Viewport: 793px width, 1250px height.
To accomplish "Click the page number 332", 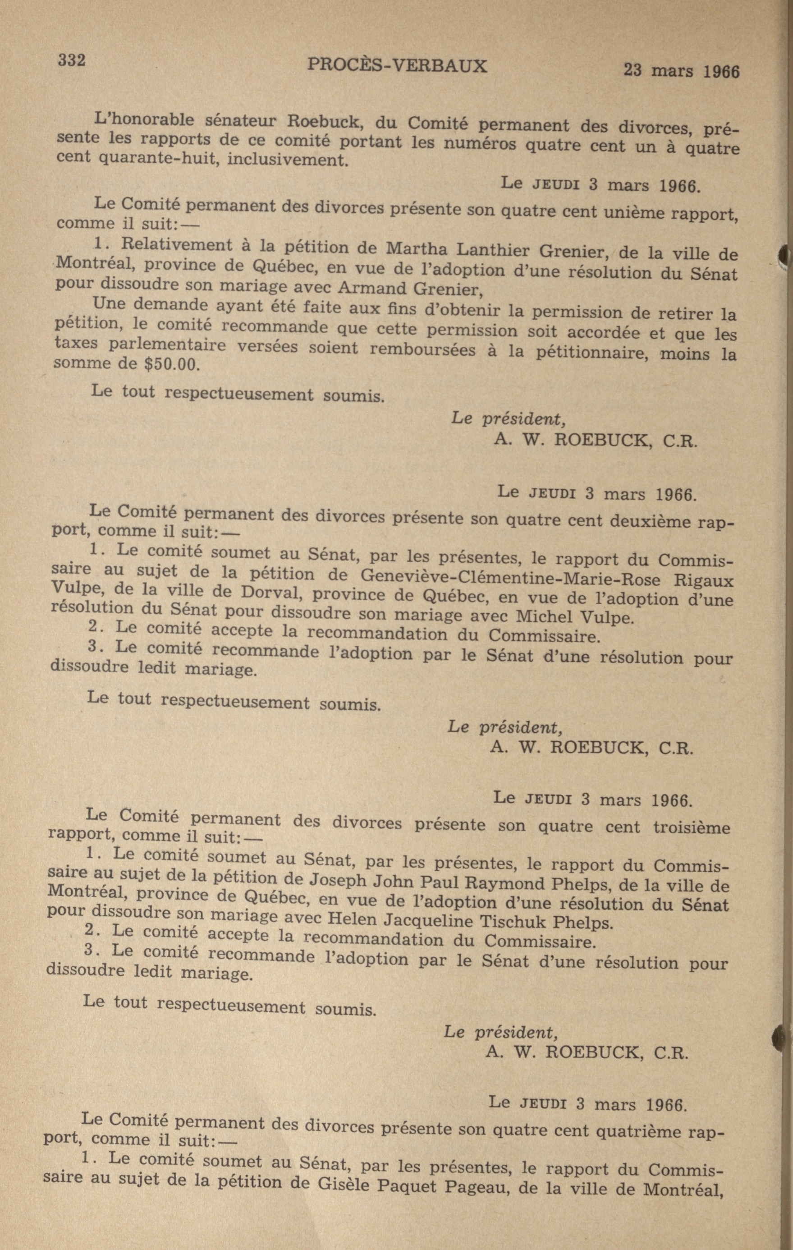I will tap(72, 60).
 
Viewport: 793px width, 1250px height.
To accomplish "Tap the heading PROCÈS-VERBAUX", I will tap(397, 65).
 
